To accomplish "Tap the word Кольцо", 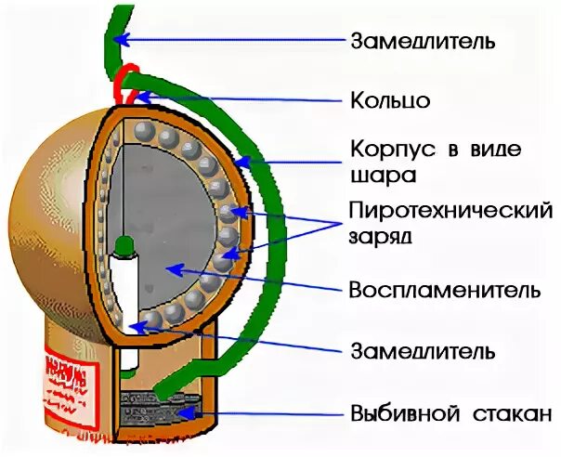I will coord(390,100).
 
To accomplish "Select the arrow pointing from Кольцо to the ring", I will coord(241,97).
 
